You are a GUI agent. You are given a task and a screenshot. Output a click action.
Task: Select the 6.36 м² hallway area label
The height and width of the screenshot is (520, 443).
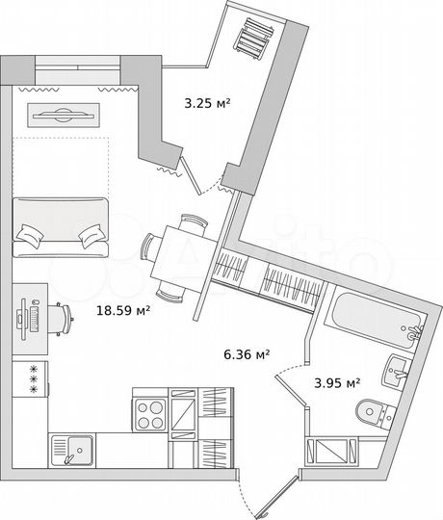[246, 353]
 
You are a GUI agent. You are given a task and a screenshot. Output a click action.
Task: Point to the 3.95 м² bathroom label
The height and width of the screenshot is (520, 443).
[337, 381]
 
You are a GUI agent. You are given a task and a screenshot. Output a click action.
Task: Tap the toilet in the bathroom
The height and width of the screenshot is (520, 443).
[373, 411]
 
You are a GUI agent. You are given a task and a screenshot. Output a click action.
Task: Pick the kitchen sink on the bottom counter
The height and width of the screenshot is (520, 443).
[71, 449]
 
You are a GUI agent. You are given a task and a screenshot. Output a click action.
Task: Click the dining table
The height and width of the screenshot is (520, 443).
[184, 257]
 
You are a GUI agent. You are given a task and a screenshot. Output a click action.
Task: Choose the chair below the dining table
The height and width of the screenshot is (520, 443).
[171, 291]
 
